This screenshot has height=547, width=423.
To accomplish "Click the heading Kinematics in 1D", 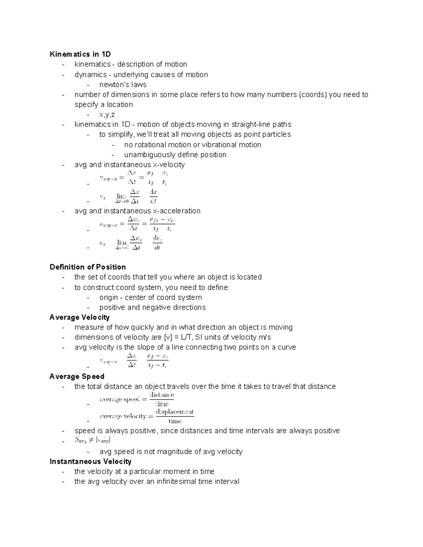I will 80,54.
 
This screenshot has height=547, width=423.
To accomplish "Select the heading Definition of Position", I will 88,267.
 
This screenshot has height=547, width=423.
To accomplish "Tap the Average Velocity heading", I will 80,317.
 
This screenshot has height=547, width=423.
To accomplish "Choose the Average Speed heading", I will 77,377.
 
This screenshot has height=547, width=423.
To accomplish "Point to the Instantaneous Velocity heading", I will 91,461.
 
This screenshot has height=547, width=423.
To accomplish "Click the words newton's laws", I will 123,85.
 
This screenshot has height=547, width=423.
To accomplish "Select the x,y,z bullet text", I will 107,114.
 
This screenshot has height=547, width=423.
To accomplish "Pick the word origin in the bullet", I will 109,297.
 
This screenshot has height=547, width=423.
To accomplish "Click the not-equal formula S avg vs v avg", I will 93,440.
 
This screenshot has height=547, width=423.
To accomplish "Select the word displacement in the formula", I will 175,412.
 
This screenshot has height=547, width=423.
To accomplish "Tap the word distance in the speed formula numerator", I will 162,395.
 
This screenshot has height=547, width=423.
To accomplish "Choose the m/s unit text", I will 265,337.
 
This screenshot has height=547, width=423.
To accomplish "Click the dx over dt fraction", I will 153,197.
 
